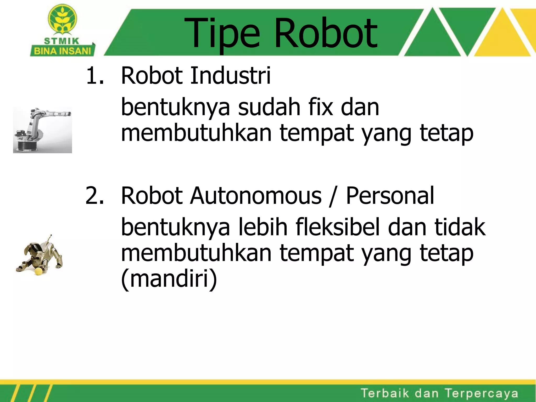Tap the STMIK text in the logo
62,41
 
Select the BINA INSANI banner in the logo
63,51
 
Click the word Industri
230,76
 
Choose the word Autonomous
255,196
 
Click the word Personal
390,196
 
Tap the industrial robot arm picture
42,130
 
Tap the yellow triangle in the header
502,37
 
